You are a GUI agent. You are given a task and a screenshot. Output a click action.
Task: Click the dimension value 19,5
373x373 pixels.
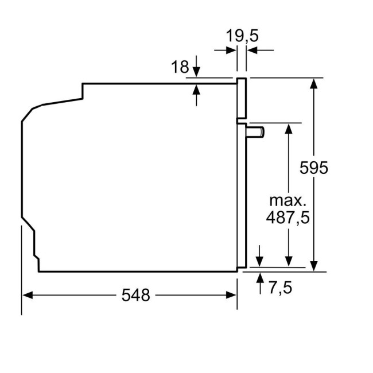pyautogui.click(x=242, y=36)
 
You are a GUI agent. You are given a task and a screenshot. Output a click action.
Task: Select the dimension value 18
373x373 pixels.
pyautogui.click(x=180, y=67)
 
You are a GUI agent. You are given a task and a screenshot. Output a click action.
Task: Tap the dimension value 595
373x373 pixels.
pyautogui.click(x=314, y=168)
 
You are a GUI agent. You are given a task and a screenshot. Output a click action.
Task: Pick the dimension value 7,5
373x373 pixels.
pyautogui.click(x=280, y=287)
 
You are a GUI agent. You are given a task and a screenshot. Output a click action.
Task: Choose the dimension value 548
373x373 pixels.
pyautogui.click(x=135, y=295)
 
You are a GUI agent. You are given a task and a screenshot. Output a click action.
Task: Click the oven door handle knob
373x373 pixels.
pyautogui.click(x=255, y=132)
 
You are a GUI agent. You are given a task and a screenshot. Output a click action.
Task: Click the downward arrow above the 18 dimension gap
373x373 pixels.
pyautogui.click(x=197, y=72)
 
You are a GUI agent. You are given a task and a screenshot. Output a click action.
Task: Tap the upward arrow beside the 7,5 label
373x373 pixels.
pyautogui.click(x=260, y=278)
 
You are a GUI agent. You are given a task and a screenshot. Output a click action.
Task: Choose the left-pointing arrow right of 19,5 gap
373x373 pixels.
pyautogui.click(x=252, y=50)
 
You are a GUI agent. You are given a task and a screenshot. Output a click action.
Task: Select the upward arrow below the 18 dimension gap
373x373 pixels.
pyautogui.click(x=197, y=88)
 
